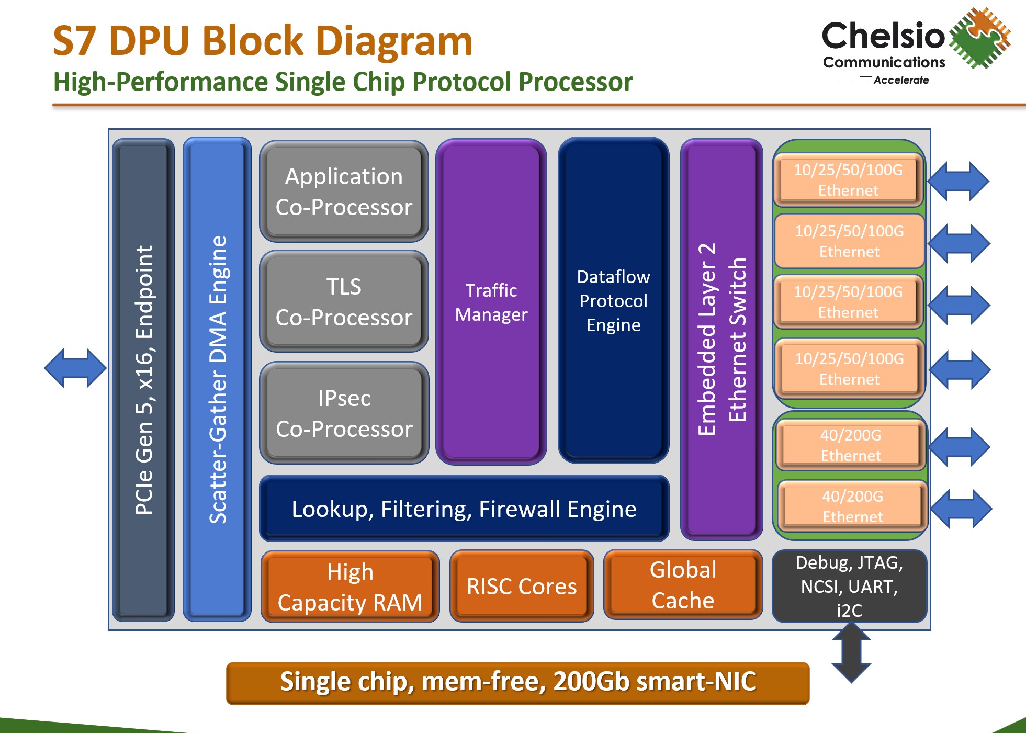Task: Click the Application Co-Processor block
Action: pyautogui.click(x=344, y=191)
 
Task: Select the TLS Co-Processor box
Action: pyautogui.click(x=344, y=302)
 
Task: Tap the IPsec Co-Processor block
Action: pyautogui.click(x=344, y=413)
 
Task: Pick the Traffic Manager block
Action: pyautogui.click(x=491, y=302)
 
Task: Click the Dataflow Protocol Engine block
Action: pyautogui.click(x=613, y=301)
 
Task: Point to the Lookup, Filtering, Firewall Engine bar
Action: pyautogui.click(x=464, y=509)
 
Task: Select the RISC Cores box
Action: pyautogui.click(x=522, y=586)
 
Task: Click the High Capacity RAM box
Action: pyautogui.click(x=349, y=587)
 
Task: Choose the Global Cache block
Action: pyautogui.click(x=683, y=585)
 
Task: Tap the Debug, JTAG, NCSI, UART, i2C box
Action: pyautogui.click(x=849, y=586)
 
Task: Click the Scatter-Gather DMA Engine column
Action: pyautogui.click(x=217, y=379)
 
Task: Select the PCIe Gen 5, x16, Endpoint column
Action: pyautogui.click(x=143, y=379)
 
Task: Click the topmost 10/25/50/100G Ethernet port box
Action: pyautogui.click(x=848, y=179)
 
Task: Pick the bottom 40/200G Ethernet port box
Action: pyautogui.click(x=852, y=506)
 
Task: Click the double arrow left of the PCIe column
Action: pyautogui.click(x=75, y=368)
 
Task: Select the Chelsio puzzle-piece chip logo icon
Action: pyautogui.click(x=979, y=38)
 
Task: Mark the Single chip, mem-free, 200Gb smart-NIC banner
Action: pyautogui.click(x=517, y=682)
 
